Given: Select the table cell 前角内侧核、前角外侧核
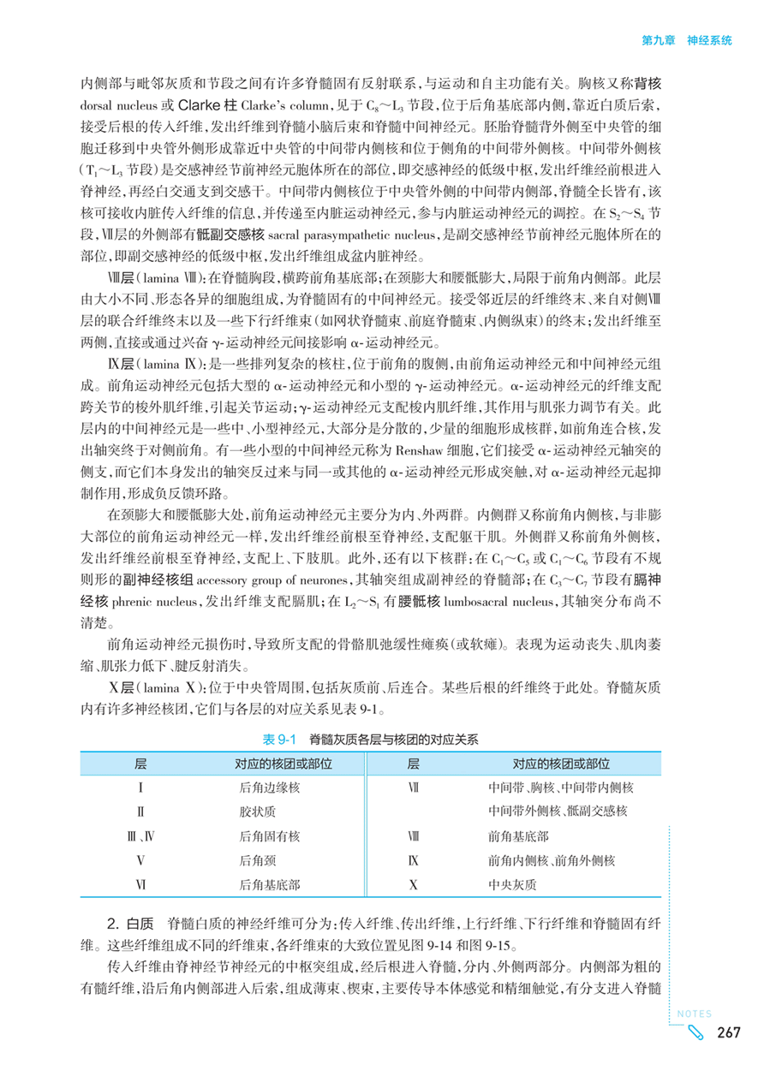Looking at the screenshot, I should click(x=552, y=859).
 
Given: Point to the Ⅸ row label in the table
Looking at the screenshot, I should click(x=414, y=859).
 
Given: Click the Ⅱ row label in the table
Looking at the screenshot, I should click(x=139, y=811).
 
